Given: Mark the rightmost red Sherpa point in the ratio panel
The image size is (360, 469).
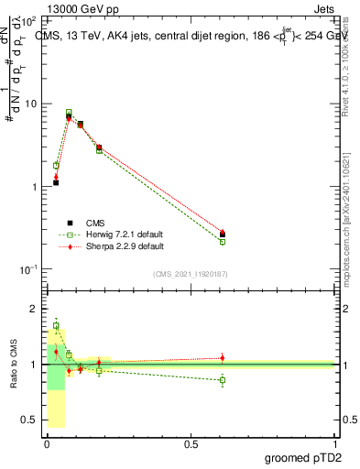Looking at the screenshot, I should [223, 357].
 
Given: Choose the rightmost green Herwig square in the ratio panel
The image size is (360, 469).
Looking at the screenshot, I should [223, 379].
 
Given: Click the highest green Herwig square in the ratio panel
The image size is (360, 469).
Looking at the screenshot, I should [56, 325].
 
